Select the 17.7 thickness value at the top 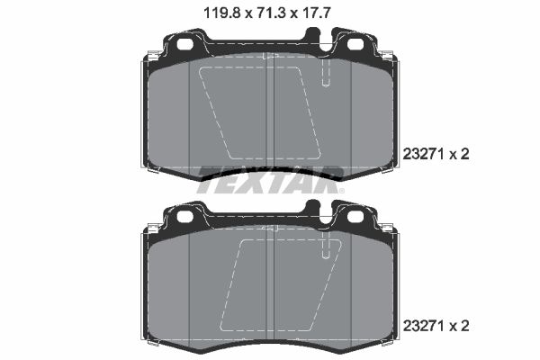(x=319, y=13)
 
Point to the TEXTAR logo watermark (x=270, y=175)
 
